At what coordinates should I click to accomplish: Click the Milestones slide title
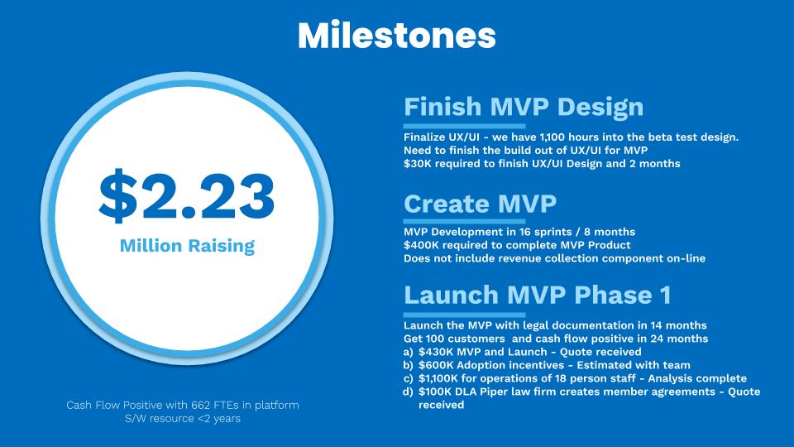click(x=396, y=35)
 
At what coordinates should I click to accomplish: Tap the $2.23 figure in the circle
click(x=186, y=195)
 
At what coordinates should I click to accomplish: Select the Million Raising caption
click(x=187, y=246)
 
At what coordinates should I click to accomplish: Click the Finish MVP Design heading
click(x=524, y=107)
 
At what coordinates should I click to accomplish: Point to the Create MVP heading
click(x=480, y=204)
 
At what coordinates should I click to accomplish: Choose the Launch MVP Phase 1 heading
click(x=538, y=295)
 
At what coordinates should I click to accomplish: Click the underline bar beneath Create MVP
click(x=464, y=222)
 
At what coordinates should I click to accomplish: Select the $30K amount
click(x=418, y=164)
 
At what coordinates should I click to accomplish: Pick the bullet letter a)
click(x=408, y=353)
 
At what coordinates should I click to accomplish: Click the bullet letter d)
click(x=408, y=392)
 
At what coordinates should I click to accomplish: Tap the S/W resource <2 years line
click(x=183, y=419)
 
